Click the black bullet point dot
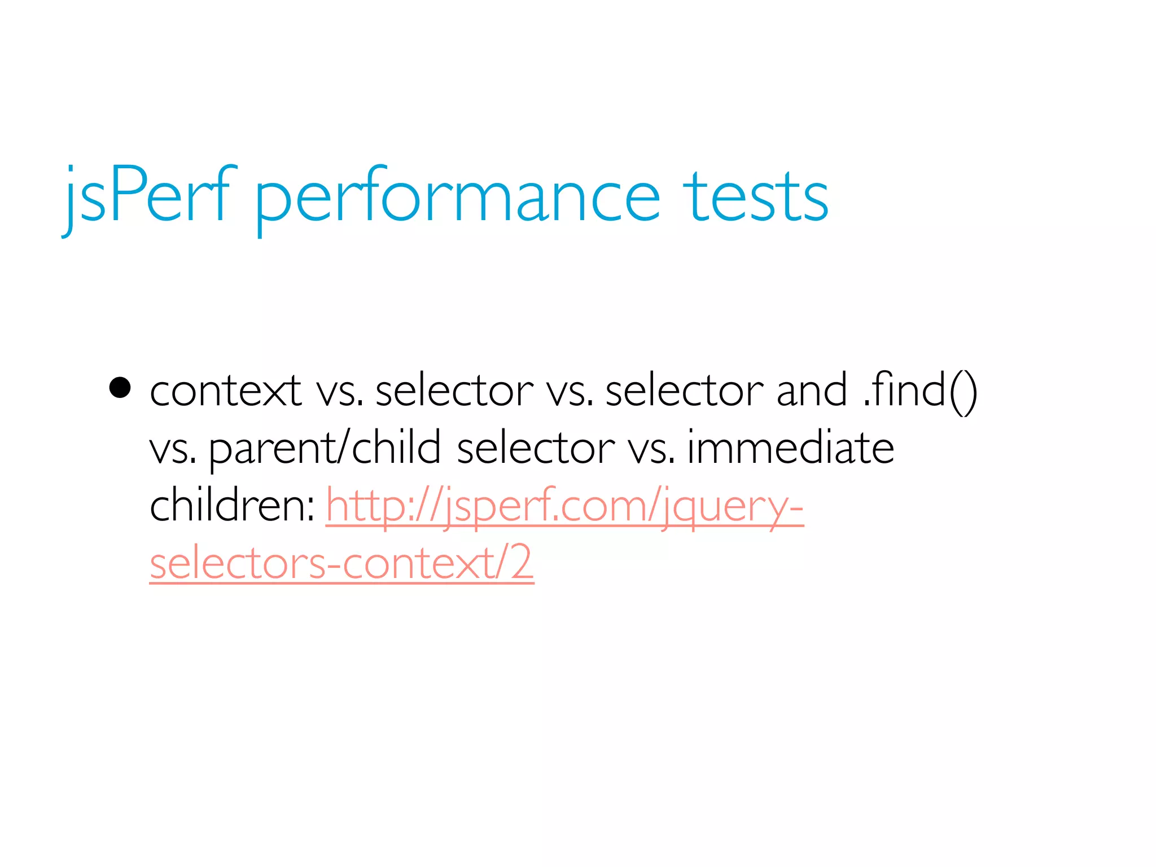tap(120, 388)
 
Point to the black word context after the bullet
tap(225, 391)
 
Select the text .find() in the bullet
tap(920, 391)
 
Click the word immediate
tap(790, 448)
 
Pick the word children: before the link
tap(232, 505)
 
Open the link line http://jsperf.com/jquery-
tap(564, 506)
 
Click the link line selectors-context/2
tap(341, 563)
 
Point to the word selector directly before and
tap(684, 391)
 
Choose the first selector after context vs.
tap(454, 391)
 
